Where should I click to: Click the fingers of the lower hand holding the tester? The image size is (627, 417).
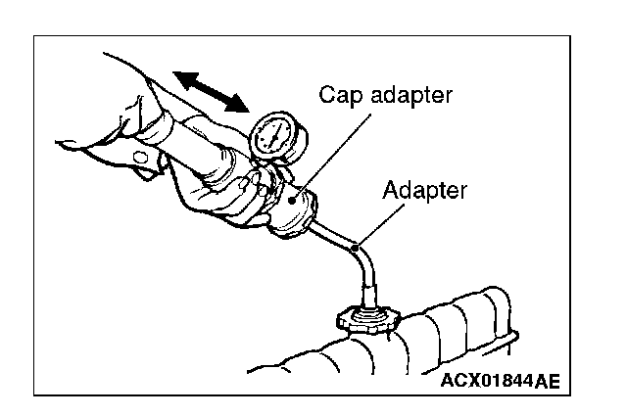tap(235, 201)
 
